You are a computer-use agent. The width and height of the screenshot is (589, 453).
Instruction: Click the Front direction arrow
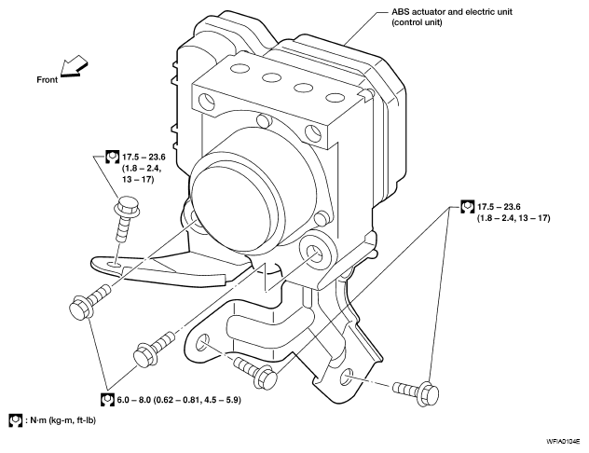74,66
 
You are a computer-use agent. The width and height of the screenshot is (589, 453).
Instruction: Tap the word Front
47,79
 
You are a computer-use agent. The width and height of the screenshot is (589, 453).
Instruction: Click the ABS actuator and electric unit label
451,17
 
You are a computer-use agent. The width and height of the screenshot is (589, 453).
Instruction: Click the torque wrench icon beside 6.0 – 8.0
107,399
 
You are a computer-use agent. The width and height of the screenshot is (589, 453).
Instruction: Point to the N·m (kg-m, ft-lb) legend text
61,420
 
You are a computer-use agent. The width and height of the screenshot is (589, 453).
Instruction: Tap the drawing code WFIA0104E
563,442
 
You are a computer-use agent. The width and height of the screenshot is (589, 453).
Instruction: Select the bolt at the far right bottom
417,391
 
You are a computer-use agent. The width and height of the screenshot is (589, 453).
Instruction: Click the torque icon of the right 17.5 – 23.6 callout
467,207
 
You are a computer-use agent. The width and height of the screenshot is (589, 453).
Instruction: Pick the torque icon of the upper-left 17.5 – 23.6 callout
112,157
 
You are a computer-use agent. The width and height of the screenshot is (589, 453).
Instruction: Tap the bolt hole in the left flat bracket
115,266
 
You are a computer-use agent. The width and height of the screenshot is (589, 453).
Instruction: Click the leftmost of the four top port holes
240,69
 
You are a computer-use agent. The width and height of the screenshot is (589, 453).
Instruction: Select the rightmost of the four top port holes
336,98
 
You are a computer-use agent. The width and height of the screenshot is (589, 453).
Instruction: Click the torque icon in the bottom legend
16,420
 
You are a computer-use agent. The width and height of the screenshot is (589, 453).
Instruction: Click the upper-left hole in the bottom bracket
203,341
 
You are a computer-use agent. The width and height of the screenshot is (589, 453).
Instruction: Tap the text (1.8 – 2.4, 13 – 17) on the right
514,218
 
